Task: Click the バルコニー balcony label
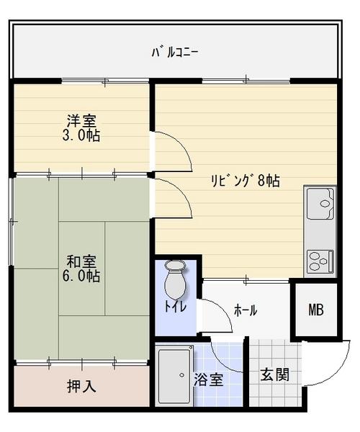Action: (x=175, y=53)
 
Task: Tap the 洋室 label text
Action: (x=81, y=121)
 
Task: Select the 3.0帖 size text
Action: (x=81, y=135)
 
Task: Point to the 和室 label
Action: (x=81, y=262)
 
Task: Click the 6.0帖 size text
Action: (x=81, y=276)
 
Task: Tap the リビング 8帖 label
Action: (x=246, y=181)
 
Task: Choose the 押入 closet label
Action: (x=81, y=386)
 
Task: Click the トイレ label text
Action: (x=176, y=306)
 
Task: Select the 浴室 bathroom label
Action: (x=209, y=379)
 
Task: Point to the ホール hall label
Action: (x=246, y=310)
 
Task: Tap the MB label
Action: (x=316, y=310)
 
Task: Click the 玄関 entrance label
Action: (x=274, y=374)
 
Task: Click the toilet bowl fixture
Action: (x=175, y=280)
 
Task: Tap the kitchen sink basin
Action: (x=320, y=203)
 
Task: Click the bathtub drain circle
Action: (x=181, y=375)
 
